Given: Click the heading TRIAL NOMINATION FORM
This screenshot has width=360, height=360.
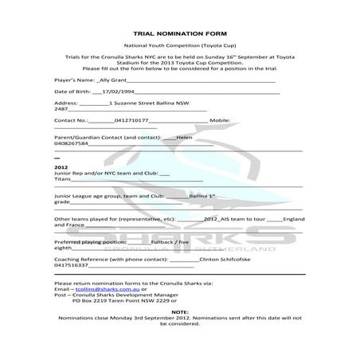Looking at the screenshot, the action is [179, 34].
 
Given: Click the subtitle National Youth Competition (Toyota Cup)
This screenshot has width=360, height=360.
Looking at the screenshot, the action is [179, 47].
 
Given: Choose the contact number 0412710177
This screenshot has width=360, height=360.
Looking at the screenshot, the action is [131, 120].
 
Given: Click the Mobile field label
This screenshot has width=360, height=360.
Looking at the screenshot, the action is [218, 120].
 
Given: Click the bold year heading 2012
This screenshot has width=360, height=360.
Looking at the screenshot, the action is [61, 167].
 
